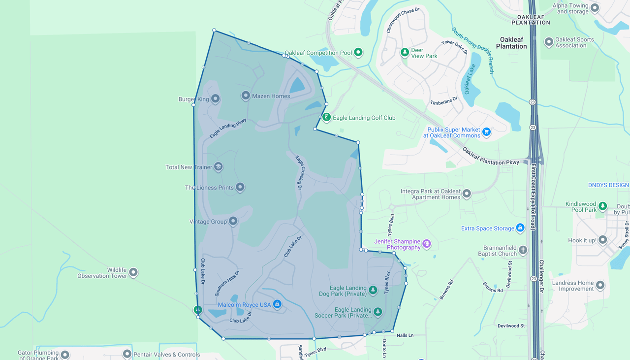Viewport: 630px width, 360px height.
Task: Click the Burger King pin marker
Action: (215, 98)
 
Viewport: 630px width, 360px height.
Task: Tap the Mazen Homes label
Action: (271, 96)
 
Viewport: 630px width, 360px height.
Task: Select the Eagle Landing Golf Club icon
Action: (326, 117)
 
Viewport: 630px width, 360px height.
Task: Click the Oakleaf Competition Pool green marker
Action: (358, 52)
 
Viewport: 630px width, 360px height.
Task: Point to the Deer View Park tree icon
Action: (405, 51)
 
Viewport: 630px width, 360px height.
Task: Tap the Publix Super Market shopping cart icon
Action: (486, 131)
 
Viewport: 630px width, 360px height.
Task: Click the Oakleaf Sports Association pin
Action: (549, 42)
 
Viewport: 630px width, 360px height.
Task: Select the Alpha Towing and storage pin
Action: (595, 7)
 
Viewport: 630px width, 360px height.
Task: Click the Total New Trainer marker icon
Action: (218, 166)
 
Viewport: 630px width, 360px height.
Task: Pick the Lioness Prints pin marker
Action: (240, 187)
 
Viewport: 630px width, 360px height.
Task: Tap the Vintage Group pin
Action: (233, 221)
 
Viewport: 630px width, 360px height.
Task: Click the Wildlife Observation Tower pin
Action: (133, 272)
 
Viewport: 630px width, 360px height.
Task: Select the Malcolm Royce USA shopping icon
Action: (277, 304)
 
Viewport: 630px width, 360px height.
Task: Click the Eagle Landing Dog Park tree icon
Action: (373, 290)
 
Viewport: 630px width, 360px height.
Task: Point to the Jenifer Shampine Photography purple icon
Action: (427, 243)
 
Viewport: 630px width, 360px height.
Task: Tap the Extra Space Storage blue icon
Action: (520, 228)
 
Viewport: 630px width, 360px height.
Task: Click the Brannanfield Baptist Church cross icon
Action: (523, 250)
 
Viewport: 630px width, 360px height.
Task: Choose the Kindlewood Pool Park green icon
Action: (602, 205)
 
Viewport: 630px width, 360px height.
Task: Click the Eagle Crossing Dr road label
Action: (299, 172)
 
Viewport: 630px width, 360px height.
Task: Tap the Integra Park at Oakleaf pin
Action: (467, 194)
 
